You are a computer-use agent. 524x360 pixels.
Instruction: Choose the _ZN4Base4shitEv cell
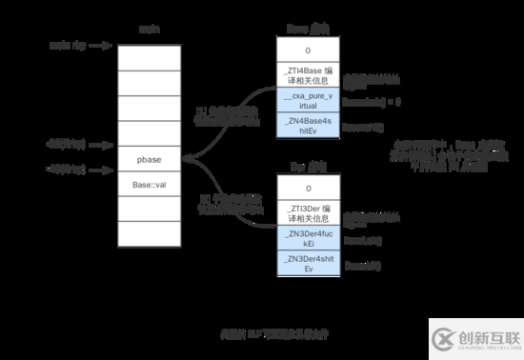click(x=307, y=126)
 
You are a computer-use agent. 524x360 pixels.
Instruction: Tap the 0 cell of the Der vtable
click(x=307, y=189)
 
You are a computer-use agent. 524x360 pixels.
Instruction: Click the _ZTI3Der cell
click(x=307, y=213)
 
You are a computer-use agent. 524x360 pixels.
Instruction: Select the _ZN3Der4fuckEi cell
click(x=307, y=238)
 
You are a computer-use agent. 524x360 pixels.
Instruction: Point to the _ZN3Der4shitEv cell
click(x=307, y=263)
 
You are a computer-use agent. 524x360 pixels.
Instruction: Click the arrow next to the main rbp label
click(x=95, y=45)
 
